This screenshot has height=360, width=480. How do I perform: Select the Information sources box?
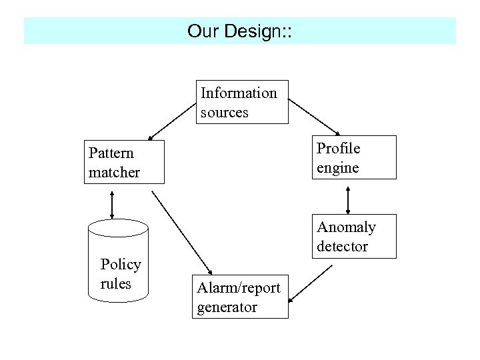click(x=243, y=102)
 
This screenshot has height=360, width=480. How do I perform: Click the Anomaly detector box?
click(x=355, y=236)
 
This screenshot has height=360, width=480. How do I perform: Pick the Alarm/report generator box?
click(x=241, y=297)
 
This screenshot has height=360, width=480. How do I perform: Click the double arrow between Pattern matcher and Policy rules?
click(x=112, y=203)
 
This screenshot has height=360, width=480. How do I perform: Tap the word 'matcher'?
click(x=114, y=172)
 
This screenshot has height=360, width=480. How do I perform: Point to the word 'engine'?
click(x=337, y=167)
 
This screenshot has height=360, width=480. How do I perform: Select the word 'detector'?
click(x=342, y=246)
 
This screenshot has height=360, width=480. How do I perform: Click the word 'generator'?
click(x=227, y=307)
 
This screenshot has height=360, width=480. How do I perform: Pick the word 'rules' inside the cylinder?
click(x=115, y=283)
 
